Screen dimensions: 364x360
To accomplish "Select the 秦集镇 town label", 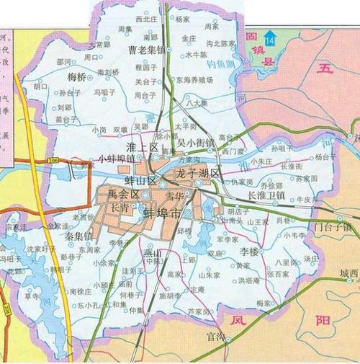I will point(79,236).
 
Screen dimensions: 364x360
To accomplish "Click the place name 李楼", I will point(248,252).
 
